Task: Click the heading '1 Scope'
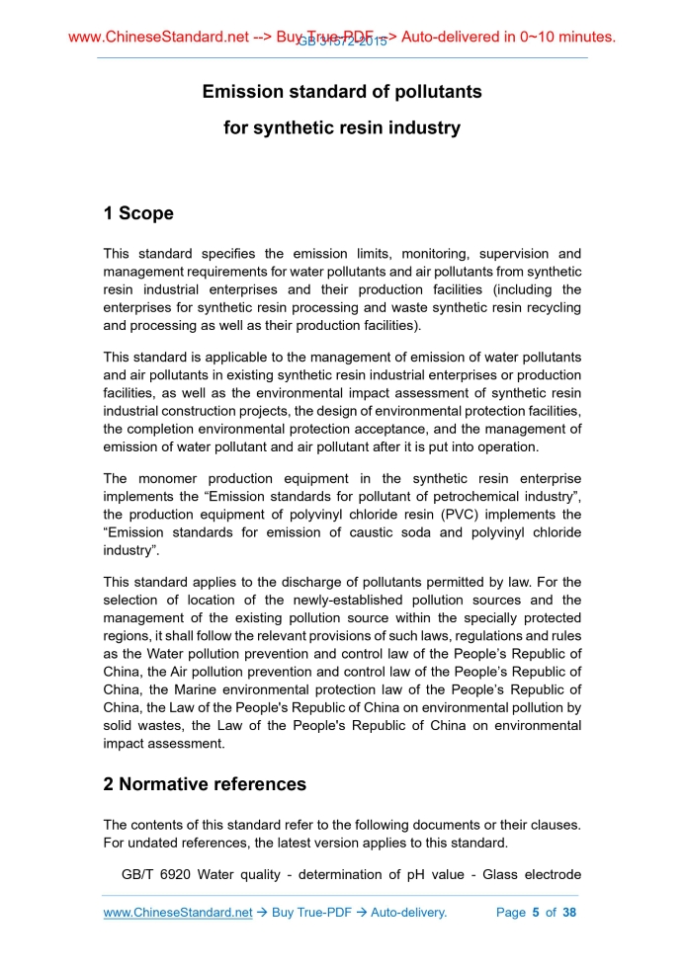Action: tap(138, 213)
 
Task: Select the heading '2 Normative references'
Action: tap(205, 785)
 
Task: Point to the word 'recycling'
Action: tap(547, 307)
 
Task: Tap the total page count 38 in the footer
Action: tap(568, 913)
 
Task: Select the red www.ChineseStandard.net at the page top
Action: tap(158, 38)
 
